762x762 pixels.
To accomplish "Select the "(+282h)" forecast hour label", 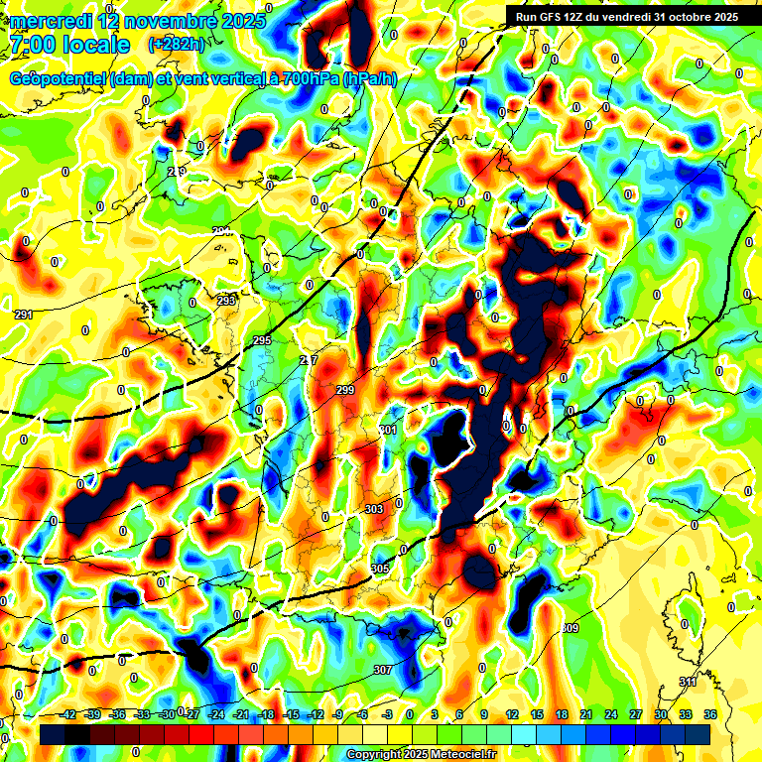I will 176,44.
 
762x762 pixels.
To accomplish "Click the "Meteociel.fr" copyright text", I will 457,755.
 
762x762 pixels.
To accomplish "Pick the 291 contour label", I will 23,315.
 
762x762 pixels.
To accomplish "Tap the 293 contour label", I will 226,300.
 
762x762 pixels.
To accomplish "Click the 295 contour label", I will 262,340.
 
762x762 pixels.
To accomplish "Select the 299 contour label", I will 345,390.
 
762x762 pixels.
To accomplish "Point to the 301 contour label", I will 388,430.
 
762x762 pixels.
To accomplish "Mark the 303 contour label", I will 374,509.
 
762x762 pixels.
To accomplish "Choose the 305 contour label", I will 380,568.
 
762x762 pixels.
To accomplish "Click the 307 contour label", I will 383,670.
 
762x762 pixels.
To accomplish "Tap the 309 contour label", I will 570,628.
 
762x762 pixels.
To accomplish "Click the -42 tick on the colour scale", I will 68,714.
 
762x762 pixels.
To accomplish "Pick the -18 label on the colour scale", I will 266,714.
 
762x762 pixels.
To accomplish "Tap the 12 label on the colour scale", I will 511,714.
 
